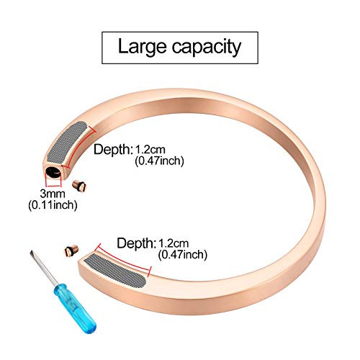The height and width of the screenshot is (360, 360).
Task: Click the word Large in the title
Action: [143, 47]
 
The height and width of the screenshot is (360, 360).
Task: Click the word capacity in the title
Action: [207, 48]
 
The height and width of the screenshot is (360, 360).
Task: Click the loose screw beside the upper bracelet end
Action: [79, 186]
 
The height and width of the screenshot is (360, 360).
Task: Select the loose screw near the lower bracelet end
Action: [71, 250]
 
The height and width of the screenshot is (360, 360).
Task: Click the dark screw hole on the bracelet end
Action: [53, 172]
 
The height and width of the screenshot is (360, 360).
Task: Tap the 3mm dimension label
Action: [53, 194]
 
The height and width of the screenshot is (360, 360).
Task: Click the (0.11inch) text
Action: [53, 205]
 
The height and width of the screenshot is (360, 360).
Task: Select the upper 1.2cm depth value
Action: [150, 150]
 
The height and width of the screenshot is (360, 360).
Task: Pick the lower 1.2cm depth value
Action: [174, 243]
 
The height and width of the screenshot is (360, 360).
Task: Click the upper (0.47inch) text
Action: [159, 161]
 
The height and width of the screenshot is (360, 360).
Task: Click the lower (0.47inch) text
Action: [183, 255]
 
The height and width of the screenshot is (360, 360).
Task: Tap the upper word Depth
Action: [113, 150]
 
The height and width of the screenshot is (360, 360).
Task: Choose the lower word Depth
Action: [136, 243]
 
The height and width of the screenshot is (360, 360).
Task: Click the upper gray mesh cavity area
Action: [67, 142]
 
